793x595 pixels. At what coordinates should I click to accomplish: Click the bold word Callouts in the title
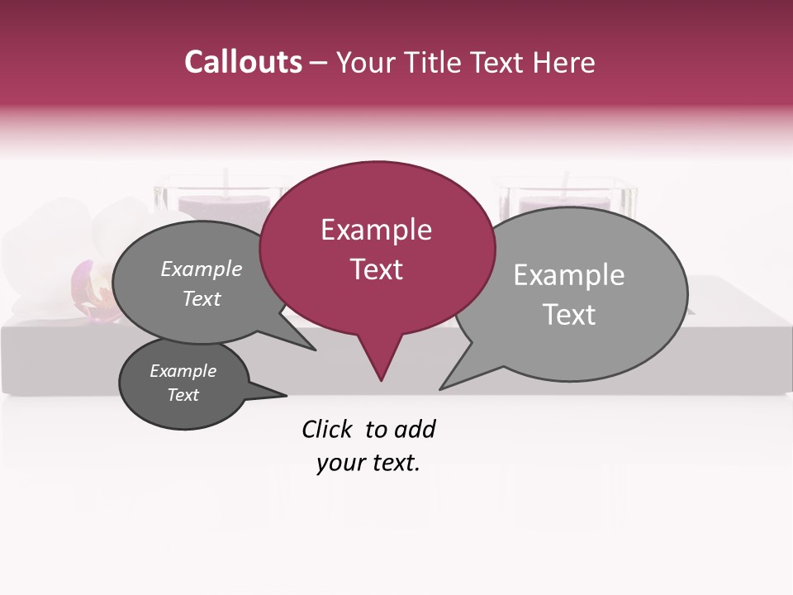(243, 62)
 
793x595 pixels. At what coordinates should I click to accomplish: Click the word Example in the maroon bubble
(376, 230)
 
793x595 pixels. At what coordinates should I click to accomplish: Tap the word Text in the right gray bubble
(569, 314)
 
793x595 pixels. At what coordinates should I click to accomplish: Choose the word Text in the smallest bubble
(183, 395)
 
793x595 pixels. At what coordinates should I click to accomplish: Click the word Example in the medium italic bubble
(202, 269)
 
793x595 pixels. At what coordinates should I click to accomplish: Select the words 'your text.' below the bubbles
(368, 463)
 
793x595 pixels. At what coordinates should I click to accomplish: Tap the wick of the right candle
(567, 181)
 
